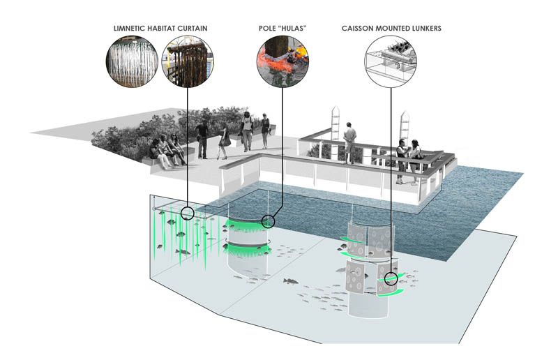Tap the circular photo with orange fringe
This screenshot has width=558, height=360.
[x=283, y=65]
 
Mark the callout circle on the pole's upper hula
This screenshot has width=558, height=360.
[x=269, y=221]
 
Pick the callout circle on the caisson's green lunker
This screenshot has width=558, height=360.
[x=391, y=279]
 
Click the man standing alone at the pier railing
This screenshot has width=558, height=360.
[x=349, y=141]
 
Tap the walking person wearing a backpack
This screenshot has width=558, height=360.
[x=247, y=130]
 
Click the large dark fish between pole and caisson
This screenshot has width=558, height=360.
[x=289, y=281]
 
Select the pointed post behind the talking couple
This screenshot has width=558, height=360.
[x=404, y=130]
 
